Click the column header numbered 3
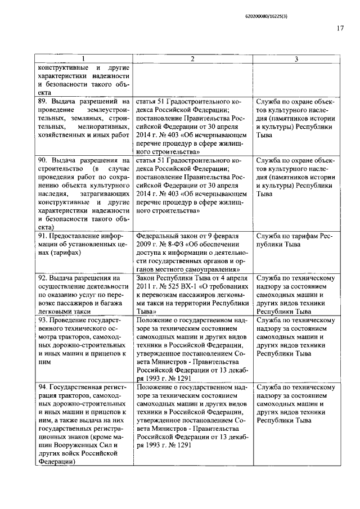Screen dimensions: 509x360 pos(296,59)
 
